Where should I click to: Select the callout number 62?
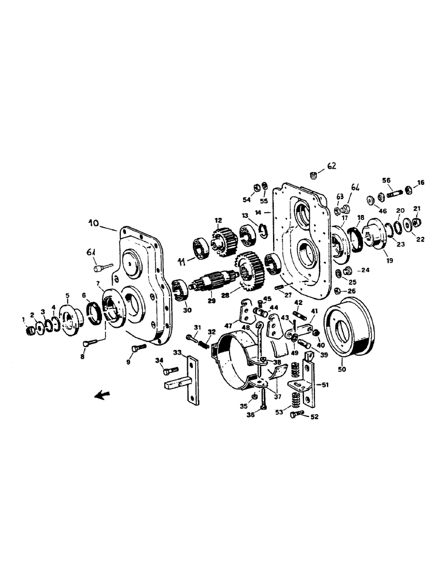(333, 166)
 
